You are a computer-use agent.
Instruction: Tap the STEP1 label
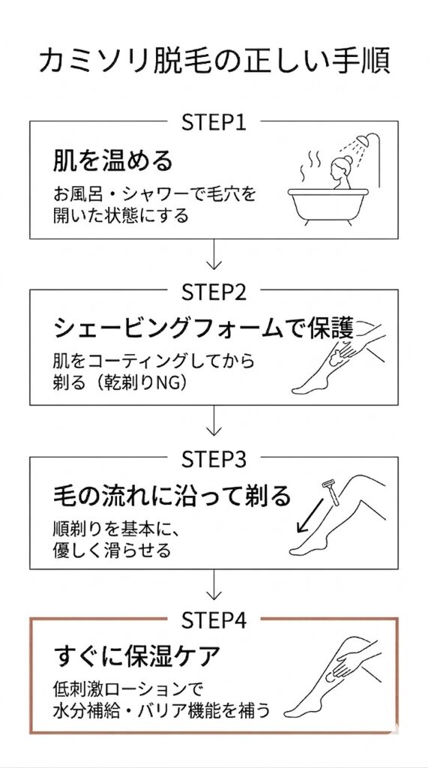tap(214, 122)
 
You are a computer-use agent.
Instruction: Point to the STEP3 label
tap(214, 457)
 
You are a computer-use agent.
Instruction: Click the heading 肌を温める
tap(112, 160)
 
